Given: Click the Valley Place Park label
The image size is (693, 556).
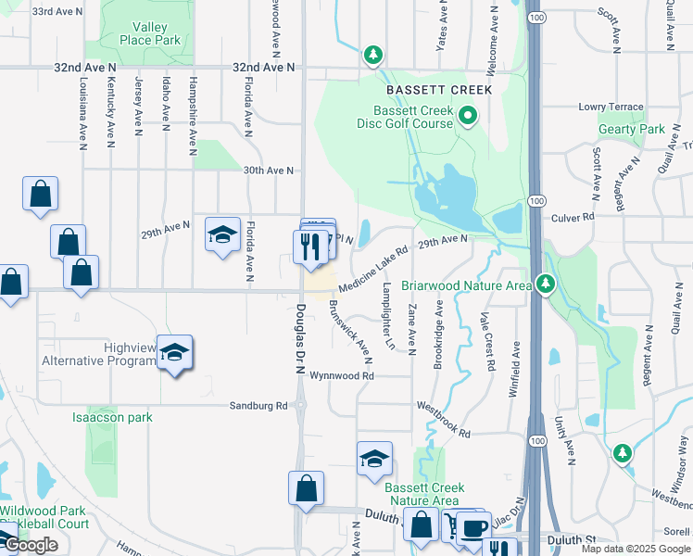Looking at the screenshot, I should [x=150, y=33].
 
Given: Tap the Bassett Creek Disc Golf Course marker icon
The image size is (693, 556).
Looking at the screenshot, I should [x=468, y=116].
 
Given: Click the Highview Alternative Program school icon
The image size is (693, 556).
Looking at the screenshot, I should [x=174, y=353].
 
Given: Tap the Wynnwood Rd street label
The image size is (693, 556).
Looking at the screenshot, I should [x=341, y=376].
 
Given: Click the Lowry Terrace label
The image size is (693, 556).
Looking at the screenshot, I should [x=611, y=107].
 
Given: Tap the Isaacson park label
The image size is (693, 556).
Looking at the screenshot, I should [x=112, y=417].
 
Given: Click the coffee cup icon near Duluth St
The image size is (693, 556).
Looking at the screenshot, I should [x=474, y=527].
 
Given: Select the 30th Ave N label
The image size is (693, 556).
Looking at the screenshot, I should [x=268, y=171].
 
